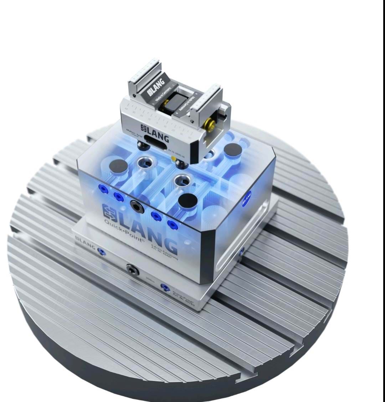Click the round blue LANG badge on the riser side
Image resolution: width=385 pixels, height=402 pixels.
[247, 199]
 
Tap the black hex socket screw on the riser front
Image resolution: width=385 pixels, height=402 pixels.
[137, 206]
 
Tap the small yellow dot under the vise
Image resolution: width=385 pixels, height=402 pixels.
[174, 158]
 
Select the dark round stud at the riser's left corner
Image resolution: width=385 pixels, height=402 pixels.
[118, 166]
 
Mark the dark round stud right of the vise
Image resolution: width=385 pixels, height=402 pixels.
[232, 150]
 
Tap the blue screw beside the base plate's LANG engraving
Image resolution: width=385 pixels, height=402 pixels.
[102, 252]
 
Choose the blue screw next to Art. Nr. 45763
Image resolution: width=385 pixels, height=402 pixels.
[165, 287]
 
